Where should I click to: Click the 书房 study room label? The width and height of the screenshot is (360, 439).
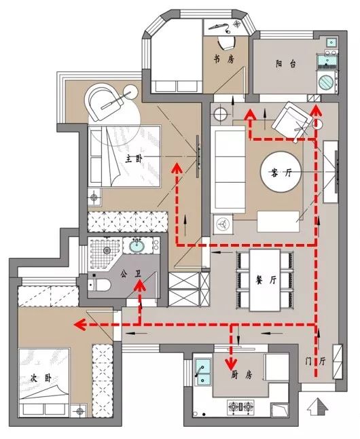click(x=224, y=59)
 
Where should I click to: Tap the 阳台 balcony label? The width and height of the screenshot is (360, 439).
click(x=285, y=64)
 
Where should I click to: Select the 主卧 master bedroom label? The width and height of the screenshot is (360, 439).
click(x=134, y=159)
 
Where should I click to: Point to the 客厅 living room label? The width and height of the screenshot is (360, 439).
click(x=281, y=173)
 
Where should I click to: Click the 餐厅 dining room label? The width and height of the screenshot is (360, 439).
click(x=266, y=280)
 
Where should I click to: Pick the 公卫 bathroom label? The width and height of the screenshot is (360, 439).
click(x=131, y=274)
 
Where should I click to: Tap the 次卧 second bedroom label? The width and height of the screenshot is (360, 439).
click(x=41, y=379)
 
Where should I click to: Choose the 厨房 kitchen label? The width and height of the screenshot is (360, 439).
click(x=242, y=374)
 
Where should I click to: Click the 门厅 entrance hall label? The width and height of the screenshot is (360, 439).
click(x=315, y=362)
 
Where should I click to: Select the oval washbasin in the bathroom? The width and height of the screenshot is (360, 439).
click(x=137, y=246)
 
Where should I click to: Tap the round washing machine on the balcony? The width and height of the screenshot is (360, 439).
click(x=327, y=82)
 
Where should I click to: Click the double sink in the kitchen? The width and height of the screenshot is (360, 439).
click(x=202, y=371)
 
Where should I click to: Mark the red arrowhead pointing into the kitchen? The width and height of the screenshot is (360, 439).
click(x=231, y=364)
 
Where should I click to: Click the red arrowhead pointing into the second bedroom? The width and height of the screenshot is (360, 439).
click(x=79, y=325)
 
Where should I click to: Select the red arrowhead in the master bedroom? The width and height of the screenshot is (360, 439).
click(x=177, y=169)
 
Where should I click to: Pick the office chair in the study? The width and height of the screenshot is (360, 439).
click(x=226, y=42)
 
